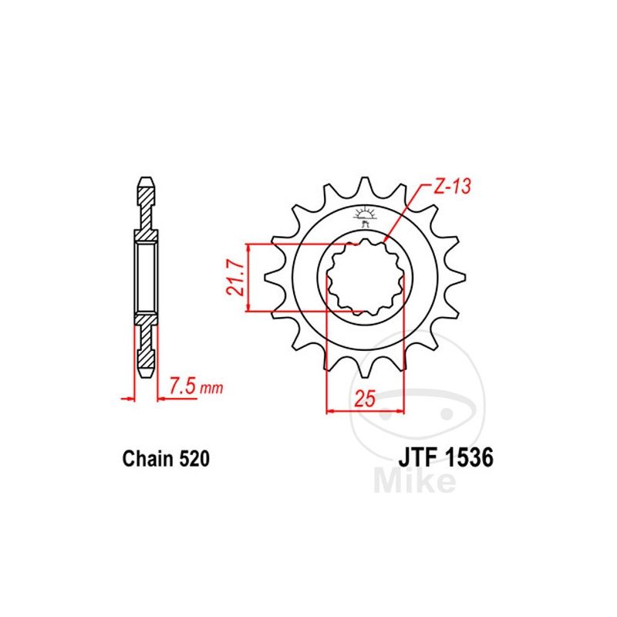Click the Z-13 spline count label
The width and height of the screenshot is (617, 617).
point(452,187)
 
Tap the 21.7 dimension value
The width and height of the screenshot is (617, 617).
point(236,278)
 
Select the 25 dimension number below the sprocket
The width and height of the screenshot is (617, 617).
point(365,399)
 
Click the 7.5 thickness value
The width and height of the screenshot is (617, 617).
point(183,386)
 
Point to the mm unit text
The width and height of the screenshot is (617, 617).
point(211,389)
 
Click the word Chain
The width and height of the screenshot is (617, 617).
point(148,459)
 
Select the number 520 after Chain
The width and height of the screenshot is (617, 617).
point(194,459)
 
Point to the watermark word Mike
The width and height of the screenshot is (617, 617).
point(414,480)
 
